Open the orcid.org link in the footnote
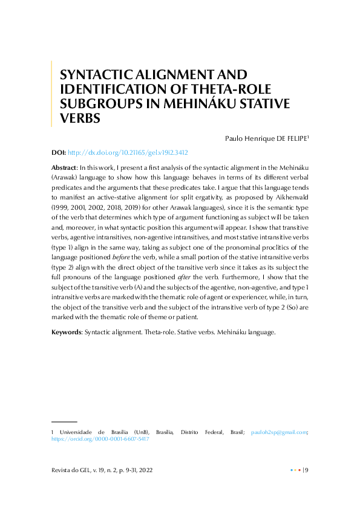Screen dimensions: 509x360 click(100, 439)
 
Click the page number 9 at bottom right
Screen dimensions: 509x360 click(307, 470)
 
